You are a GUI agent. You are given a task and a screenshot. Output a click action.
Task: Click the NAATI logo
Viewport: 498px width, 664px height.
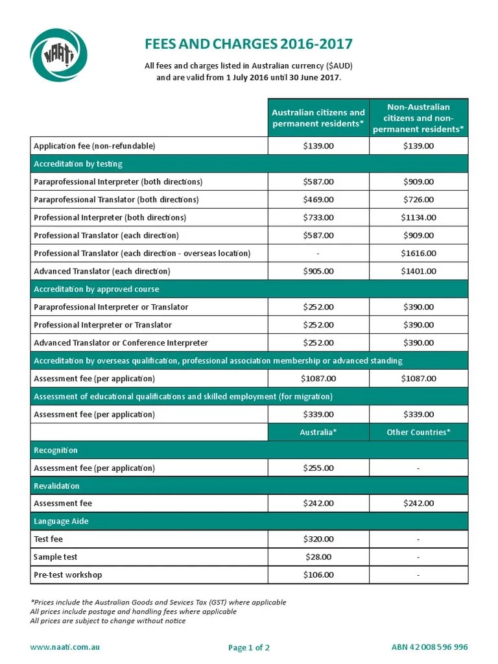pyautogui.click(x=58, y=56)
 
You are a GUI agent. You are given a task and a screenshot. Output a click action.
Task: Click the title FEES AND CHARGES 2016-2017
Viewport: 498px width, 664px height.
pyautogui.click(x=248, y=44)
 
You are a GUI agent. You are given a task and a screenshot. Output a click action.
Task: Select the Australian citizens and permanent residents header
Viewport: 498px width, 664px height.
pyautogui.click(x=318, y=118)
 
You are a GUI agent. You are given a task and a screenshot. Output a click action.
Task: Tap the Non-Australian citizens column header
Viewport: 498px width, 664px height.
pyautogui.click(x=418, y=118)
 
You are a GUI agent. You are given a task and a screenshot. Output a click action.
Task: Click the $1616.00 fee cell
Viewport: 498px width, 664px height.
pyautogui.click(x=418, y=253)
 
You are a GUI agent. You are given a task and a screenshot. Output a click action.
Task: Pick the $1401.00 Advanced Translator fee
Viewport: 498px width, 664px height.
pyautogui.click(x=418, y=271)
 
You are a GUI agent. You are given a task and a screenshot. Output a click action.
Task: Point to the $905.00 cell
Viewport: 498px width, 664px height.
pyautogui.click(x=318, y=271)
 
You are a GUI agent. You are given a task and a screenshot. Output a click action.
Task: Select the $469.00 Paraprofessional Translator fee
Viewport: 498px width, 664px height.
pyautogui.click(x=318, y=199)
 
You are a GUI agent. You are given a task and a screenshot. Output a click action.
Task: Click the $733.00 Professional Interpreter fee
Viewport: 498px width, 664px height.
pyautogui.click(x=318, y=217)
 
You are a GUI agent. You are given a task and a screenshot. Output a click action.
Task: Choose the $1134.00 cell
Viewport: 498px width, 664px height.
pyautogui.click(x=418, y=217)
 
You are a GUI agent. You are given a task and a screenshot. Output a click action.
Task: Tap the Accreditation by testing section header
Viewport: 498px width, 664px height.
pyautogui.click(x=78, y=164)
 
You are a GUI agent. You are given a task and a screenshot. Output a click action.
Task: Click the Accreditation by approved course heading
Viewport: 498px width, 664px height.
pyautogui.click(x=96, y=289)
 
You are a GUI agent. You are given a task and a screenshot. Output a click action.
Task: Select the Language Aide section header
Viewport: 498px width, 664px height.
pyautogui.click(x=61, y=521)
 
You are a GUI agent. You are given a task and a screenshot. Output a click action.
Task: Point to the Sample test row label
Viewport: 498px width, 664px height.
pyautogui.click(x=55, y=557)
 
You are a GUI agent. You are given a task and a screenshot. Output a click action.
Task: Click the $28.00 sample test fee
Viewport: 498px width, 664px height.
pyautogui.click(x=318, y=557)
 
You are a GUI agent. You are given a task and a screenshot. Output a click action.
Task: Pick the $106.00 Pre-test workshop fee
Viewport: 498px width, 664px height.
pyautogui.click(x=318, y=575)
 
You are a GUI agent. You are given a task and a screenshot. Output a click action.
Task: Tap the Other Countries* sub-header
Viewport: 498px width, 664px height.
pyautogui.click(x=418, y=432)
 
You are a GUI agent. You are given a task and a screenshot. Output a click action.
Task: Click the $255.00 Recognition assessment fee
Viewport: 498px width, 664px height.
pyautogui.click(x=318, y=468)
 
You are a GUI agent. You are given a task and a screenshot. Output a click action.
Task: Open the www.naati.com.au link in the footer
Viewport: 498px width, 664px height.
pyautogui.click(x=65, y=647)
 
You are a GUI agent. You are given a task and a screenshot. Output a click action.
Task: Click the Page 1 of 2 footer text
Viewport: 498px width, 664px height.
pyautogui.click(x=249, y=648)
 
